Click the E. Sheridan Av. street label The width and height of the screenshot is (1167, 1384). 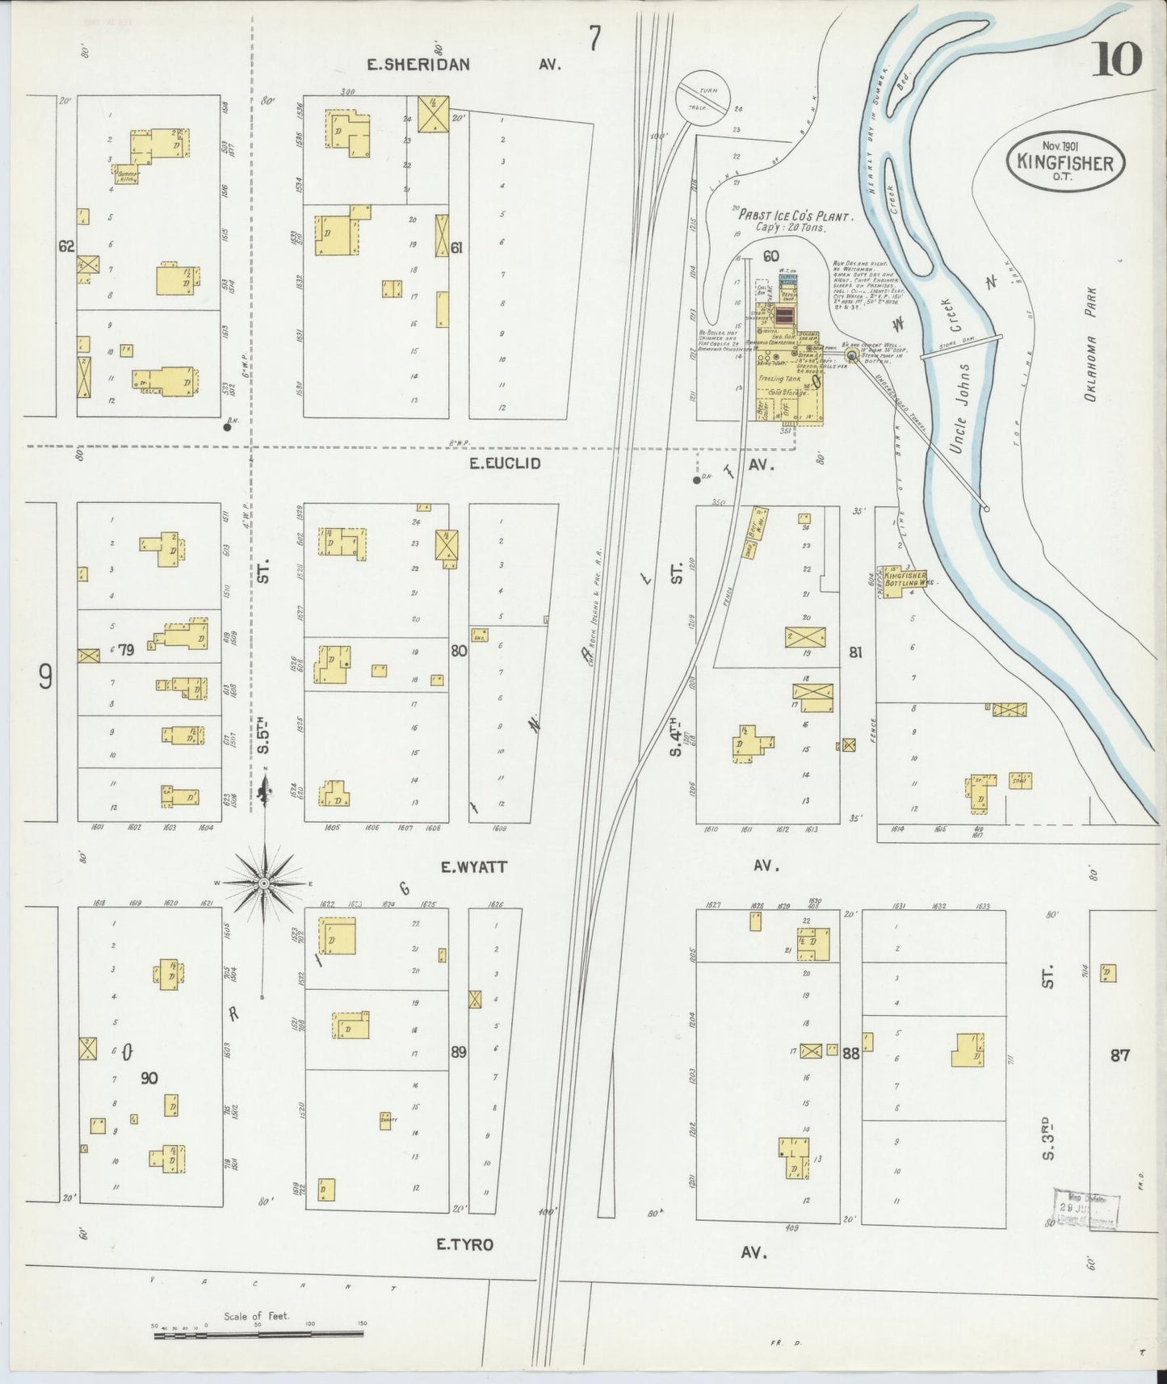pyautogui.click(x=418, y=65)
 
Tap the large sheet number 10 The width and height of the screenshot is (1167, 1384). pyautogui.click(x=1118, y=58)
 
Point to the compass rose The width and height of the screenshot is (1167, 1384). pyautogui.click(x=263, y=884)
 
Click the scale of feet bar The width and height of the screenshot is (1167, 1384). pyautogui.click(x=258, y=1334)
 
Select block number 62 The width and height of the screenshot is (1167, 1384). pyautogui.click(x=66, y=246)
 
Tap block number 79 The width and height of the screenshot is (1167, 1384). pyautogui.click(x=124, y=648)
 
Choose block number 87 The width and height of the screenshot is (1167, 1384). pyautogui.click(x=1119, y=1054)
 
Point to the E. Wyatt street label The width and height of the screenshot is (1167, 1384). pyautogui.click(x=473, y=867)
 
